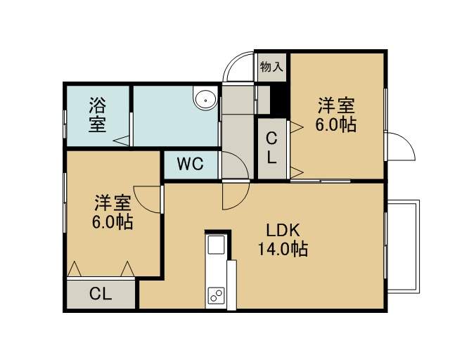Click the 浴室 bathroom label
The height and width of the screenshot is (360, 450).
[98, 115]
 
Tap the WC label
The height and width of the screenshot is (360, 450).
[191, 165]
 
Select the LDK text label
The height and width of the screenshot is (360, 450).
[283, 230]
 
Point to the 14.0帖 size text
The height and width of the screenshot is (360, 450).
[283, 249]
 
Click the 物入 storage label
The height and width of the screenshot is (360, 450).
[271, 67]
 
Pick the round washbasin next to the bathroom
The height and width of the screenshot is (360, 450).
[205, 100]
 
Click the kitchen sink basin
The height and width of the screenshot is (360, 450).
[216, 245]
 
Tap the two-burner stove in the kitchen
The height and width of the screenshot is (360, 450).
[217, 295]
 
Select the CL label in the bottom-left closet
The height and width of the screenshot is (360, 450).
[100, 294]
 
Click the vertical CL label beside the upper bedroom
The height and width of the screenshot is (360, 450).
[271, 148]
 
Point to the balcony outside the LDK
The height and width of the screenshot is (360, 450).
[403, 247]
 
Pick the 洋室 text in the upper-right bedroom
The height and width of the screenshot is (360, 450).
[336, 106]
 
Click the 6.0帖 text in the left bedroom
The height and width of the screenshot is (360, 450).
[112, 222]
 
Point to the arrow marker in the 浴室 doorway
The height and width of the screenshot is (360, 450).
[121, 141]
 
